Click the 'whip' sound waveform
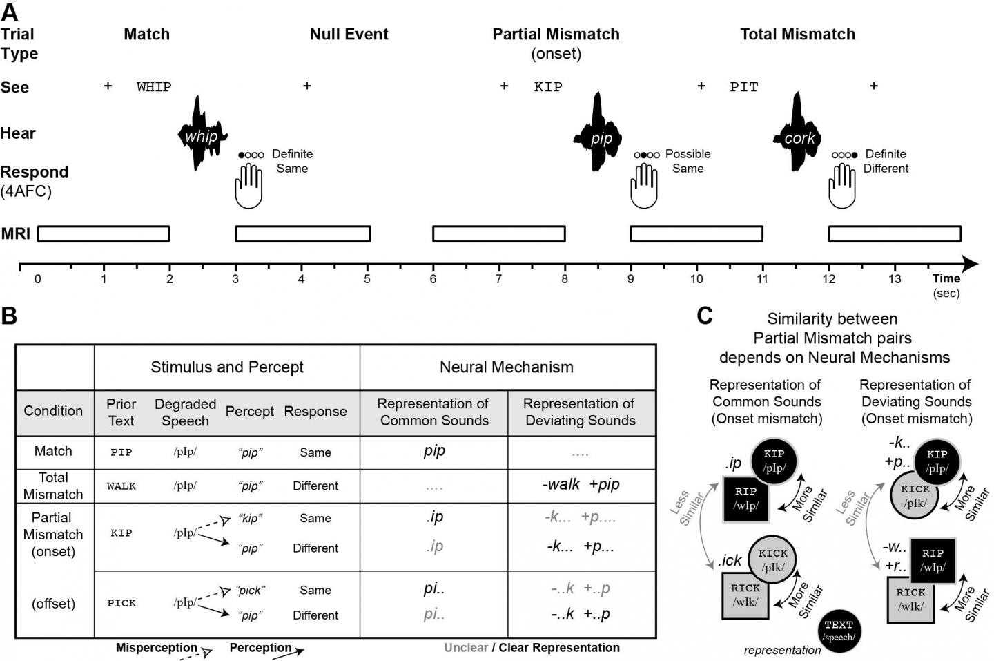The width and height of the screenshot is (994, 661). point(201,135)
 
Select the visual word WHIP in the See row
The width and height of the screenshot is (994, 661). point(154,87)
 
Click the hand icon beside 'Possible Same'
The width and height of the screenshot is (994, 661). point(644,186)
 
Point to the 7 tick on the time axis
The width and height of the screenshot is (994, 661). point(499,278)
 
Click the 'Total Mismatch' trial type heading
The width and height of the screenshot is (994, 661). point(797,35)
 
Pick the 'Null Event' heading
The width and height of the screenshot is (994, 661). point(349,35)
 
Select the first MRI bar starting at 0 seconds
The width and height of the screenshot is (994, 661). point(104,233)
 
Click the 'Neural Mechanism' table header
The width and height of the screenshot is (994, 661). point(507,367)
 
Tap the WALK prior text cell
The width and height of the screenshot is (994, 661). point(121,486)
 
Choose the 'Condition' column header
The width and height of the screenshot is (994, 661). point(53,411)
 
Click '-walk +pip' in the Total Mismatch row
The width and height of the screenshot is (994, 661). point(581,485)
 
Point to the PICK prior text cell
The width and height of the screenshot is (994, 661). point(121,603)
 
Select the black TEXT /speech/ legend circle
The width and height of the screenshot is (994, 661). point(839,631)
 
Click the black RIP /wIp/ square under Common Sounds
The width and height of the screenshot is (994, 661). point(746,498)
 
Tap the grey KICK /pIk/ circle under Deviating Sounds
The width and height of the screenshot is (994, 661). point(915,496)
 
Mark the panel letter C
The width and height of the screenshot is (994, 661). point(705,316)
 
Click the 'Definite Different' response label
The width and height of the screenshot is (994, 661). point(886,161)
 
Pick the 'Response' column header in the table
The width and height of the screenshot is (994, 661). point(315,412)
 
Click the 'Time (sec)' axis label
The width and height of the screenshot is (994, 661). point(946,285)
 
